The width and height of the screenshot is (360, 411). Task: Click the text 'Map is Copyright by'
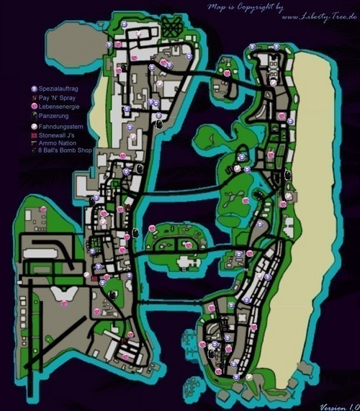click(243, 7)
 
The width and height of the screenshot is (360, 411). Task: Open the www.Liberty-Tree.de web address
click(318, 16)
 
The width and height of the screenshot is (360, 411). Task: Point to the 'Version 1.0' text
click(338, 405)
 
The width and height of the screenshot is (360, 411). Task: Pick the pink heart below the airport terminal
click(65, 304)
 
